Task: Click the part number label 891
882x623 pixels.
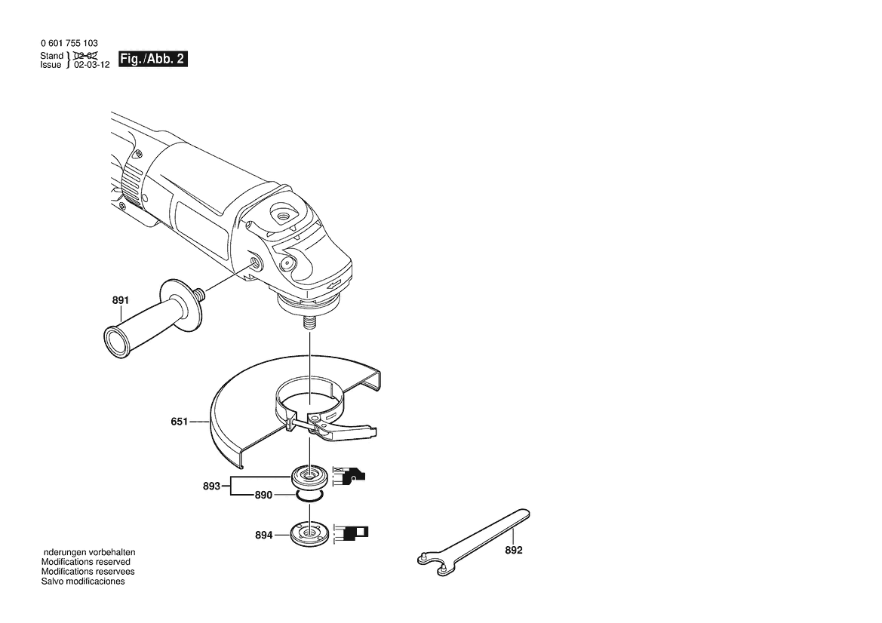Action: (x=121, y=300)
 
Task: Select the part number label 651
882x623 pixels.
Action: (x=180, y=421)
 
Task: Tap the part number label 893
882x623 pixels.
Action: (x=211, y=486)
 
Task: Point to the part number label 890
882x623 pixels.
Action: (x=263, y=495)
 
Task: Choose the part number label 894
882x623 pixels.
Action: (x=264, y=536)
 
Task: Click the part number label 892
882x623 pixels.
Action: (x=514, y=550)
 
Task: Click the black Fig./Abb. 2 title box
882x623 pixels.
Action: (x=153, y=59)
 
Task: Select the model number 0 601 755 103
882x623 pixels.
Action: (x=69, y=43)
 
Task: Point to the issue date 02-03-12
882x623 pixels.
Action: (x=92, y=65)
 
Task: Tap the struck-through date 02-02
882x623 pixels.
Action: (x=85, y=56)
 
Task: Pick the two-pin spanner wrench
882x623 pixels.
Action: (x=474, y=542)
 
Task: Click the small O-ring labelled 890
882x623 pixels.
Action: (x=309, y=495)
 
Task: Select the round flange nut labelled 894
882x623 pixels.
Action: (x=309, y=533)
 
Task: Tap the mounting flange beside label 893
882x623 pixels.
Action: (x=309, y=477)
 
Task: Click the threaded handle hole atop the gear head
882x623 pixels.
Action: (x=281, y=213)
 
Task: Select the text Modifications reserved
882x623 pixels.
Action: (x=85, y=562)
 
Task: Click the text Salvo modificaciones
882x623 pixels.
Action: (x=83, y=582)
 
